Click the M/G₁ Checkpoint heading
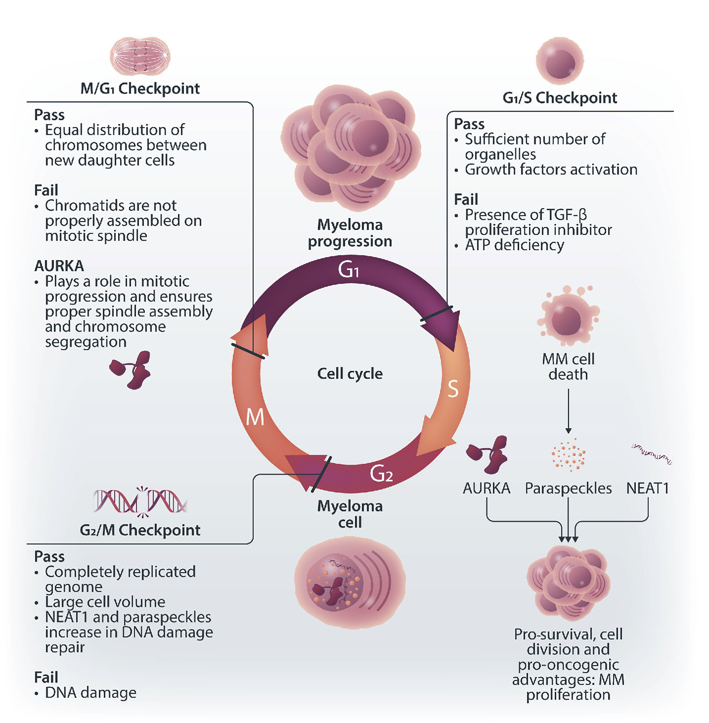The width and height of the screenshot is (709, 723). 140,89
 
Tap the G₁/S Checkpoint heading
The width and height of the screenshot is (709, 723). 560,98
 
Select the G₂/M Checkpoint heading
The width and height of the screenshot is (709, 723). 140,530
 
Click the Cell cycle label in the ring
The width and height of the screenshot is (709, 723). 350,374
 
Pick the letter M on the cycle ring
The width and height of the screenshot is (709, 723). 255,417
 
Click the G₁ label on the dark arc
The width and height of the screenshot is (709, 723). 348,269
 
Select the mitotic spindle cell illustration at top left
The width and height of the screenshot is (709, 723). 140,56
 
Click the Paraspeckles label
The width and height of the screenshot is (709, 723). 568,488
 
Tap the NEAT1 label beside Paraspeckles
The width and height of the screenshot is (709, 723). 648,488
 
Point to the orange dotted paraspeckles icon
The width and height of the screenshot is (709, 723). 568,455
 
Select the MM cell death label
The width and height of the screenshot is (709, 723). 568,366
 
